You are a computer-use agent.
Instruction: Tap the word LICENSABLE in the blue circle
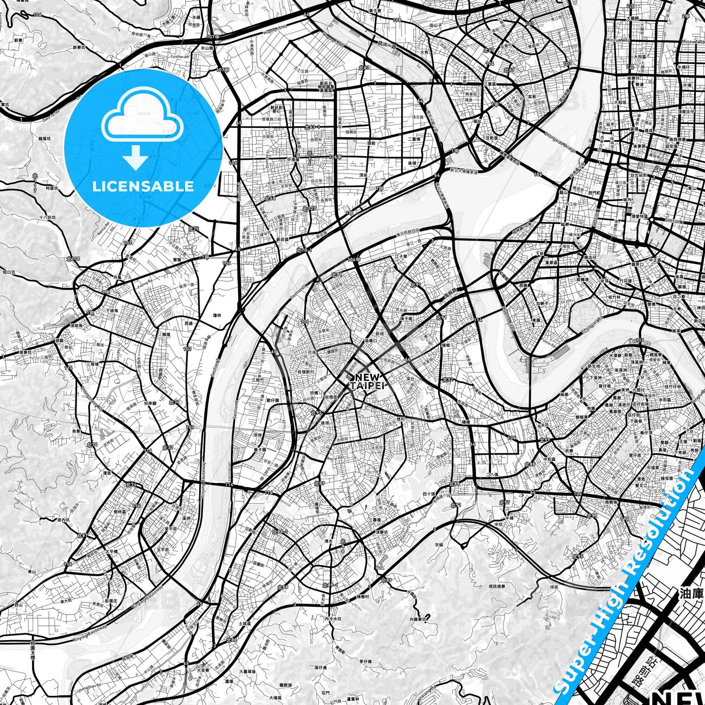(x=143, y=186)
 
